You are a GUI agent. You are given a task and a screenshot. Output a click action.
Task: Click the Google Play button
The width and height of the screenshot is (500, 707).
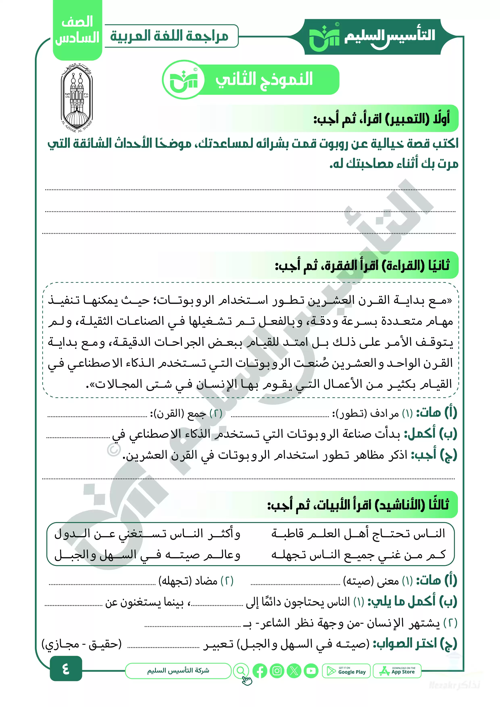(346, 671)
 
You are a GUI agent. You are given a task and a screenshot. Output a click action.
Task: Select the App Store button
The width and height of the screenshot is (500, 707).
(397, 671)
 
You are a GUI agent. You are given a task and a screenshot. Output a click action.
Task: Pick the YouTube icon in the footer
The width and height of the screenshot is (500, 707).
(311, 671)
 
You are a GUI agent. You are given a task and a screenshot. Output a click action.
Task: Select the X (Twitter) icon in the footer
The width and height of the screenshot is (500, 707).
(294, 671)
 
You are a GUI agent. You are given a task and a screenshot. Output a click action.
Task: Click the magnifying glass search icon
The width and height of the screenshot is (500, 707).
(241, 671)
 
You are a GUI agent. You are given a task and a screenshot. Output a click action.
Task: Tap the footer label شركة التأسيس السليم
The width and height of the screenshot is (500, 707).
(178, 671)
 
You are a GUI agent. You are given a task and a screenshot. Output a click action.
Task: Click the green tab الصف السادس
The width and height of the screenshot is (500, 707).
(77, 30)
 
